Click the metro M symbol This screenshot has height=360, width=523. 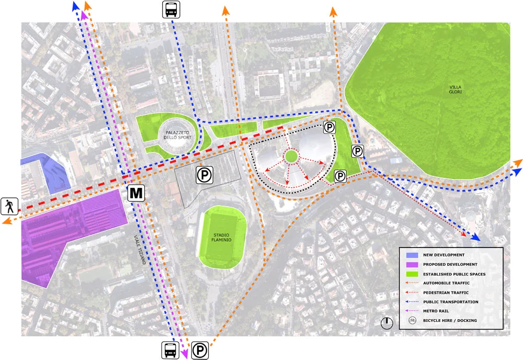pos(136,193)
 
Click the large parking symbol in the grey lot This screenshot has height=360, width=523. pos(204,175)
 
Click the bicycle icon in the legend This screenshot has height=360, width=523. pos(413,320)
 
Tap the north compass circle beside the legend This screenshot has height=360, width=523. pos(386,323)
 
